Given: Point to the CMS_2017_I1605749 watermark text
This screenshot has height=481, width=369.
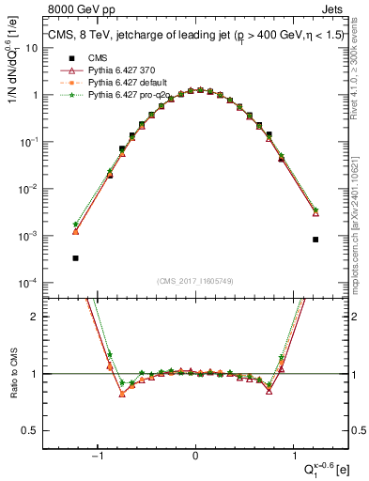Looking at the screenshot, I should pos(194,281).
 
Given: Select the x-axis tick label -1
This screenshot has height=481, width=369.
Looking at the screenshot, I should pos(97,456).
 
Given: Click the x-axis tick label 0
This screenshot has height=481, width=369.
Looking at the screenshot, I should pos(194,456).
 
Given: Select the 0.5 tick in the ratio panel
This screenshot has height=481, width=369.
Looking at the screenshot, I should pos(31,430).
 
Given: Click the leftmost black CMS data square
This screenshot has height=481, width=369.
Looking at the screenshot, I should pos(75,257).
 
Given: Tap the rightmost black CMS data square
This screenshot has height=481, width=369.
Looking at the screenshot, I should pos(315,240).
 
